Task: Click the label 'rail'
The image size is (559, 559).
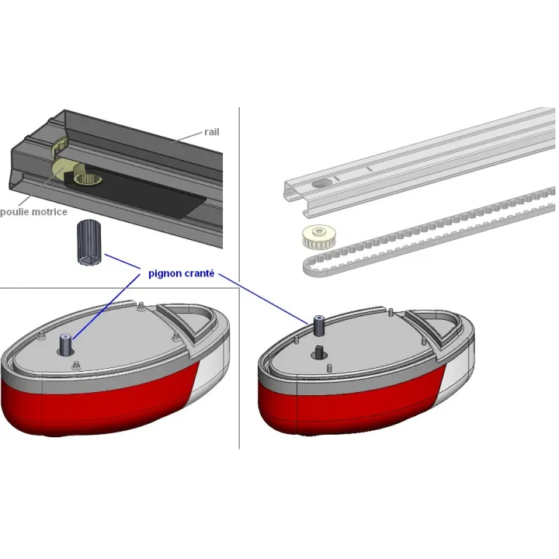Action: pyautogui.click(x=212, y=132)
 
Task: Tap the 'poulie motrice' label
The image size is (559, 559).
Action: pyautogui.click(x=33, y=212)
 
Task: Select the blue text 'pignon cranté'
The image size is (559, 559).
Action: pyautogui.click(x=181, y=273)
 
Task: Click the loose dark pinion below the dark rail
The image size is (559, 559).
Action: pyautogui.click(x=89, y=242)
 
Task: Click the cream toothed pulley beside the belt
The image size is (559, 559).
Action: pyautogui.click(x=319, y=237)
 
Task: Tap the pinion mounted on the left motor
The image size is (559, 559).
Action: pyautogui.click(x=65, y=345)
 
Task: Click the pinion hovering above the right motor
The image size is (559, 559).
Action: pyautogui.click(x=318, y=325)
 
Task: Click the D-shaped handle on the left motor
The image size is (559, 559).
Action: pyautogui.click(x=189, y=321)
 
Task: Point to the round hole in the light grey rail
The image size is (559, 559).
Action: pyautogui.click(x=322, y=183)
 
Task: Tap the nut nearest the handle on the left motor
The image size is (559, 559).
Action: pyautogui.click(x=175, y=336)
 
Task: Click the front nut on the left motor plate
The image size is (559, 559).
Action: pyautogui.click(x=76, y=365)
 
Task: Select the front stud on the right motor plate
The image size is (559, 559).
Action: pyautogui.click(x=329, y=367)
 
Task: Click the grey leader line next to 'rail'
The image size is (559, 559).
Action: pyautogui.click(x=186, y=137)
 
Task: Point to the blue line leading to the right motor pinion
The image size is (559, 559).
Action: pyautogui.click(x=263, y=299)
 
